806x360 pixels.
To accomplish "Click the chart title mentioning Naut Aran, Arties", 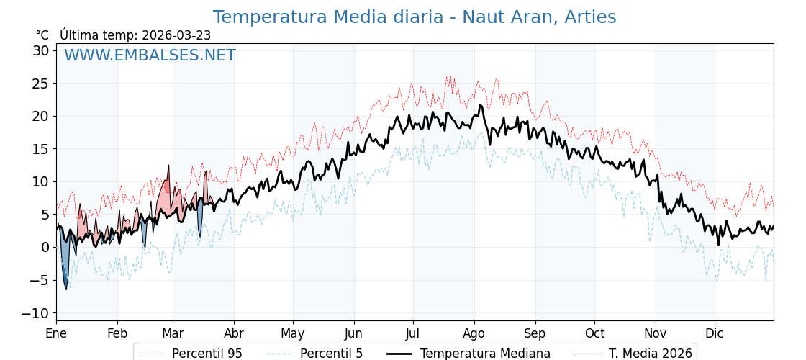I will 415,17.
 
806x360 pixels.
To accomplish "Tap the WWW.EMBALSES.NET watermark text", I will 150,55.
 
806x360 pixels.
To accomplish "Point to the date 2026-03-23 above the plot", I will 176,35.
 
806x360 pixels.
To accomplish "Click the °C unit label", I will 42,35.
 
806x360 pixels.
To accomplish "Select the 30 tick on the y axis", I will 40,50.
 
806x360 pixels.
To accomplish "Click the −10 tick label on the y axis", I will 35,313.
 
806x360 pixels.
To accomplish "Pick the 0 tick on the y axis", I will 45,247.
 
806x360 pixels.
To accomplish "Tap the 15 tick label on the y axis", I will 40,149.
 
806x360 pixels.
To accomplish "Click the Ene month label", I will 56,333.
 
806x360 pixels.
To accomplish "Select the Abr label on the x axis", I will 233,333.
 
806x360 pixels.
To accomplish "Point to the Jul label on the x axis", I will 413,333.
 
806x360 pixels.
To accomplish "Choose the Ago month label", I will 474,333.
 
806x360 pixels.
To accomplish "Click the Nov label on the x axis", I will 656,333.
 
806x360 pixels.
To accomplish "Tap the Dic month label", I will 715,333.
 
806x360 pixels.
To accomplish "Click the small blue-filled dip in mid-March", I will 200,220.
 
